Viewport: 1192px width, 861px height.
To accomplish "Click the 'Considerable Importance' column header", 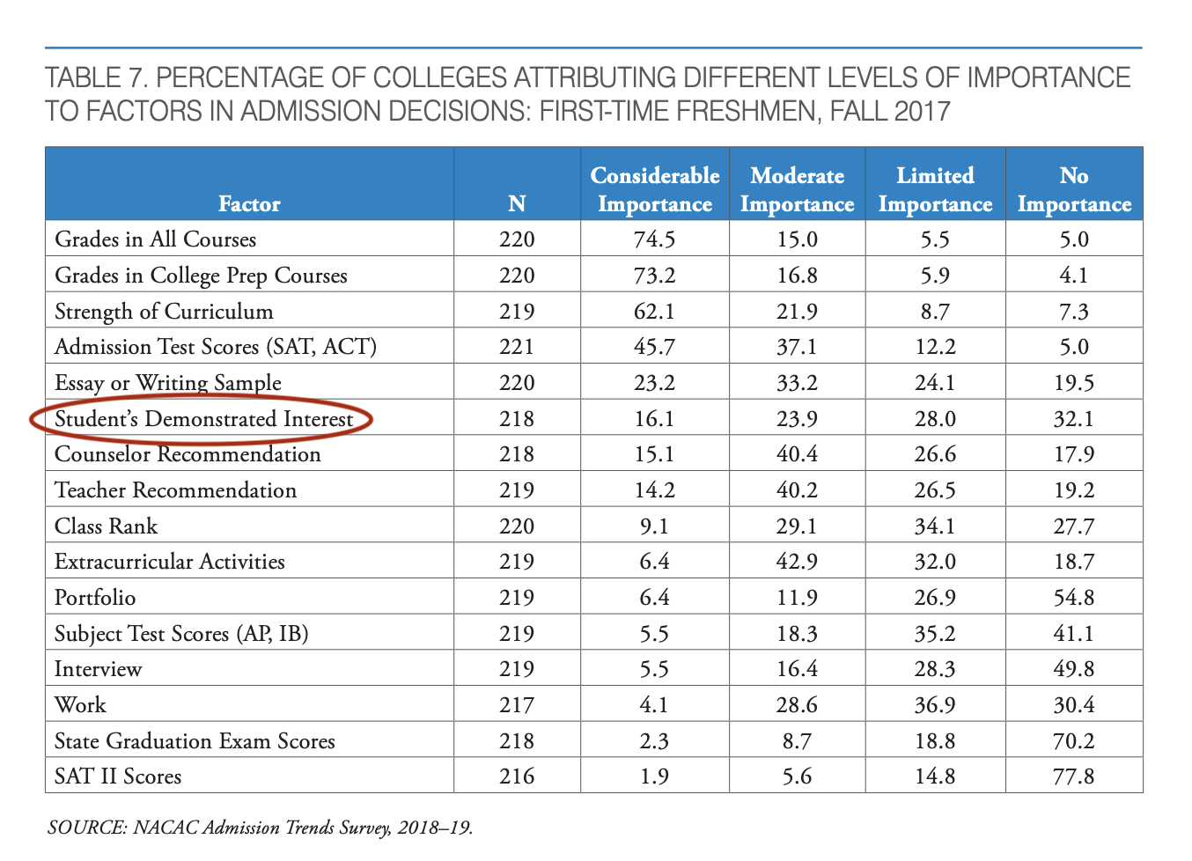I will (654, 189).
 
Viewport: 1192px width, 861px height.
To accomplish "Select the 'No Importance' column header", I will (1074, 189).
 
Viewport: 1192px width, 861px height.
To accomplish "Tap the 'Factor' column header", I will (249, 204).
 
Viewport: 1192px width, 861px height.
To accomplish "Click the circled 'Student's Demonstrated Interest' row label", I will (203, 419).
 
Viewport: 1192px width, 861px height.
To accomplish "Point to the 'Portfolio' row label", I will (95, 598).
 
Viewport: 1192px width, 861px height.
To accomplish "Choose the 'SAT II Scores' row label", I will (118, 776).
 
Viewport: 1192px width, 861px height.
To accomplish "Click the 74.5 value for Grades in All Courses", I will (654, 239).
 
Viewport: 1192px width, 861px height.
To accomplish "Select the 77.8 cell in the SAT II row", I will (1074, 776).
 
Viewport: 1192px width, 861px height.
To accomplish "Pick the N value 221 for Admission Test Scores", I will (517, 347).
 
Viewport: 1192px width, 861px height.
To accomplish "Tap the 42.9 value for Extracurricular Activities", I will (797, 562).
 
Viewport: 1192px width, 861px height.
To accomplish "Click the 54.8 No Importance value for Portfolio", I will (1074, 598).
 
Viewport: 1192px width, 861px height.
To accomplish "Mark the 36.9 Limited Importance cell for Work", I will (935, 705).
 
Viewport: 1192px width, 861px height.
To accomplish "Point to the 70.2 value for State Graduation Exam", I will (1074, 741).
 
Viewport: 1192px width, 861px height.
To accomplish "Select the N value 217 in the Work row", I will (517, 705).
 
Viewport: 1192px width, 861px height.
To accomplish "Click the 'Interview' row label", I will (98, 669).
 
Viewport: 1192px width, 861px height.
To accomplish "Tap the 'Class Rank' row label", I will (106, 526).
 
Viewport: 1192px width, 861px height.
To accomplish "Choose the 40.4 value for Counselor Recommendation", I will (797, 454).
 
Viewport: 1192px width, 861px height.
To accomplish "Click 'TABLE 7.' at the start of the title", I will (96, 78).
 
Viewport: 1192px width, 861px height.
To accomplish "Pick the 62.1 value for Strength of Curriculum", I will (654, 312).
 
